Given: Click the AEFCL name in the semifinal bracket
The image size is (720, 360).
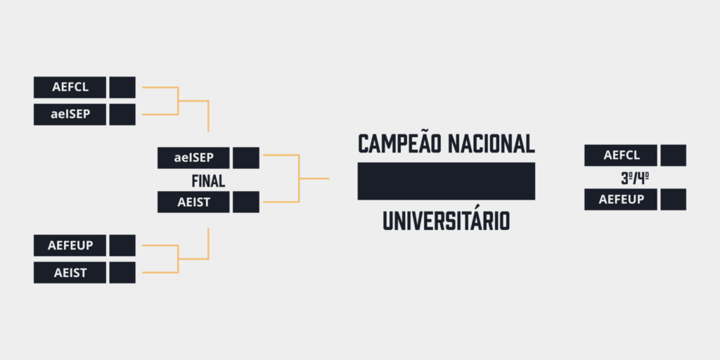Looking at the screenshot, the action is [x=70, y=87].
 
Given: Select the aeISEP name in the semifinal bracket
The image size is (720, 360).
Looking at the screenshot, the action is [x=70, y=115].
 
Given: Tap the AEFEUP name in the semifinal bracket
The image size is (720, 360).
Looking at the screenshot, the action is [x=70, y=245].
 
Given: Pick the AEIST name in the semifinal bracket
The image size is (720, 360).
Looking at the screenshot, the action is [x=70, y=273].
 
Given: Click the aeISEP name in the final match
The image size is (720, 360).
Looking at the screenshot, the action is [x=194, y=158].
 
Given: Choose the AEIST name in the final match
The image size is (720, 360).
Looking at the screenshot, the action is [x=194, y=202].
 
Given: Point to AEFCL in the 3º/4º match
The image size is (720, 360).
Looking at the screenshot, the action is [x=622, y=155].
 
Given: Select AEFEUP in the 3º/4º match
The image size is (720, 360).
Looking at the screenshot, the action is [x=622, y=199].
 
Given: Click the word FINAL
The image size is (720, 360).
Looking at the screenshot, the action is [x=208, y=181].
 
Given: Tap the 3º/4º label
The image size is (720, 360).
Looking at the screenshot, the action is [x=635, y=179].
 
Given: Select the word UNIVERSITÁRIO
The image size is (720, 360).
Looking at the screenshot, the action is [x=446, y=221].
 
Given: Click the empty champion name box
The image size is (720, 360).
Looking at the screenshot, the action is [x=446, y=181].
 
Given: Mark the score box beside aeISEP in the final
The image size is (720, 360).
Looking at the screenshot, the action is [x=246, y=158].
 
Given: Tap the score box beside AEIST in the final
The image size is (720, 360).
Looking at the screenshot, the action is [x=246, y=202].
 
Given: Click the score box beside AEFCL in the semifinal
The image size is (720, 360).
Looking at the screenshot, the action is [x=122, y=87].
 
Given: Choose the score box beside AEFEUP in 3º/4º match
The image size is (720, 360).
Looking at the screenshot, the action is [x=673, y=199].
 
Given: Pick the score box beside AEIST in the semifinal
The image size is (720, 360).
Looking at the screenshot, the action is [x=122, y=273].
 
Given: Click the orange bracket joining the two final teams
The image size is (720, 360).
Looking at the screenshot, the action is [x=299, y=178].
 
